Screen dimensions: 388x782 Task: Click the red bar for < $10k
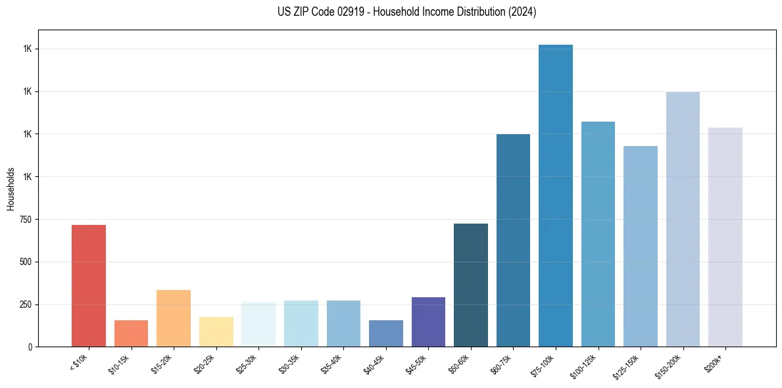point(89,285)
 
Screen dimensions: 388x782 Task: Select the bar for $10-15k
point(131,333)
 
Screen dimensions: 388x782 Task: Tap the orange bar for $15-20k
point(174,318)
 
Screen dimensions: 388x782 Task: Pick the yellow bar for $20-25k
point(216,331)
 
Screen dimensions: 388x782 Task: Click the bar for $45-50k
point(428,322)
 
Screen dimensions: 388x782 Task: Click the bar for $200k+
point(725,237)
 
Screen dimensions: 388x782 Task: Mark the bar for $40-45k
point(386,333)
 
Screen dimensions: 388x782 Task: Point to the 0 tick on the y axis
point(30,347)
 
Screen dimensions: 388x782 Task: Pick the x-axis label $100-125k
point(587,364)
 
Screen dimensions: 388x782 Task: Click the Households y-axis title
point(11,188)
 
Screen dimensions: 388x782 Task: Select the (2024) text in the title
point(522,12)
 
